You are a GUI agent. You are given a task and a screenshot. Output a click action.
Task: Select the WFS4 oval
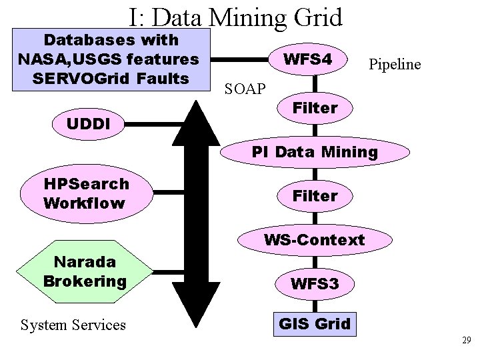click(307, 60)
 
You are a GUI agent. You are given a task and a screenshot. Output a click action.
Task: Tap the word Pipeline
click(394, 64)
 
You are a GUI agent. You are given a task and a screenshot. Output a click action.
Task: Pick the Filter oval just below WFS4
click(315, 108)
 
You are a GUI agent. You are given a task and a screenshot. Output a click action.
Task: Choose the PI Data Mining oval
click(315, 151)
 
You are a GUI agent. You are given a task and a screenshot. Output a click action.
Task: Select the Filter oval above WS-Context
click(315, 196)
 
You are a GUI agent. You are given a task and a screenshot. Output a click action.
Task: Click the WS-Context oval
click(315, 239)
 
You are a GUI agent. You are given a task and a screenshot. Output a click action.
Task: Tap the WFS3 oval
click(315, 284)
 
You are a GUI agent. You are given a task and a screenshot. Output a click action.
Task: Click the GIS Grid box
click(314, 325)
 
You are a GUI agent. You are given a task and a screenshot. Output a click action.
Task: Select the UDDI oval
click(88, 123)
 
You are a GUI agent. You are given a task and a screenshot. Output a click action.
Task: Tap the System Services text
click(73, 325)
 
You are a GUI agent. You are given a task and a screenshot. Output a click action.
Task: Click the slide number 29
click(466, 341)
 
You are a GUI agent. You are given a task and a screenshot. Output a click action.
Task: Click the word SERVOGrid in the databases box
click(75, 79)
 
